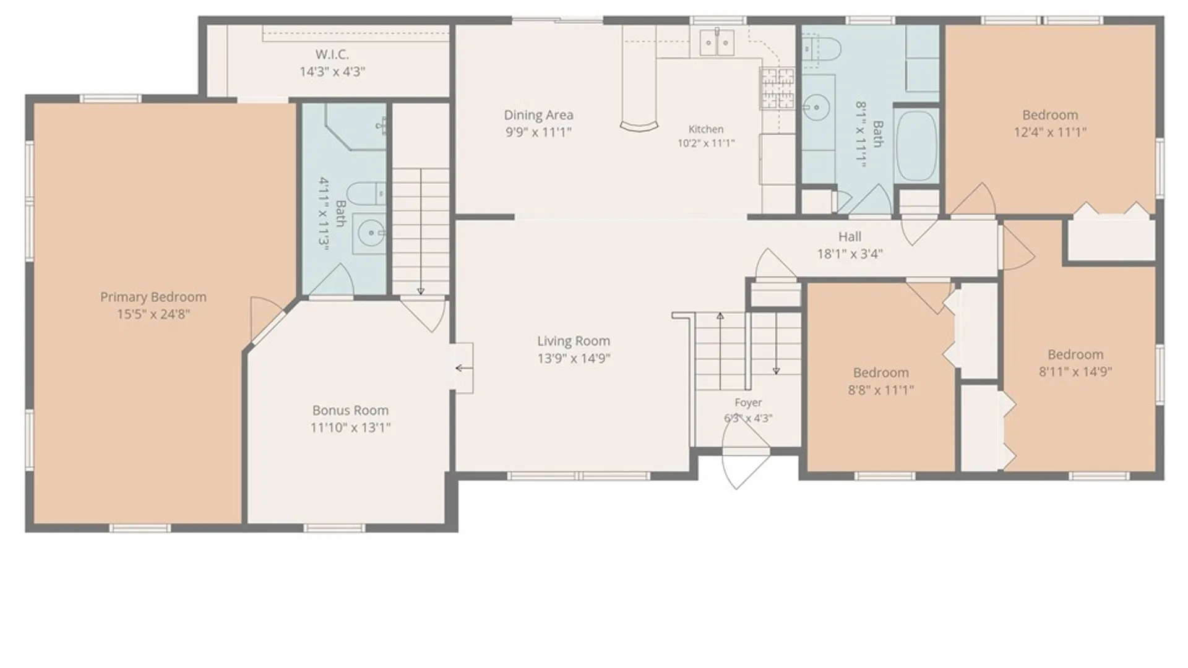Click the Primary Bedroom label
pyautogui.click(x=153, y=297)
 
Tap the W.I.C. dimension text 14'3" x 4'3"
pyautogui.click(x=332, y=72)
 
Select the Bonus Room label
pyautogui.click(x=350, y=410)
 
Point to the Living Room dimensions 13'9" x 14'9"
pyautogui.click(x=574, y=358)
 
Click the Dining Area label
pyautogui.click(x=538, y=115)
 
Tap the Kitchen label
pyautogui.click(x=706, y=129)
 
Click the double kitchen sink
pyautogui.click(x=717, y=42)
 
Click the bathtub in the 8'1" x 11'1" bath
pyautogui.click(x=916, y=146)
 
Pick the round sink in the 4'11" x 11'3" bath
pyautogui.click(x=369, y=233)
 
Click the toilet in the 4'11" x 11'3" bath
pyautogui.click(x=366, y=193)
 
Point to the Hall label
pyautogui.click(x=850, y=236)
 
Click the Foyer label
pyautogui.click(x=748, y=403)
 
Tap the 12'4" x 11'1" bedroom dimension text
pyautogui.click(x=1050, y=132)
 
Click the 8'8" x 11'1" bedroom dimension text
pyautogui.click(x=880, y=390)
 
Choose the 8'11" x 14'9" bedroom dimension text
pyautogui.click(x=1075, y=372)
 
